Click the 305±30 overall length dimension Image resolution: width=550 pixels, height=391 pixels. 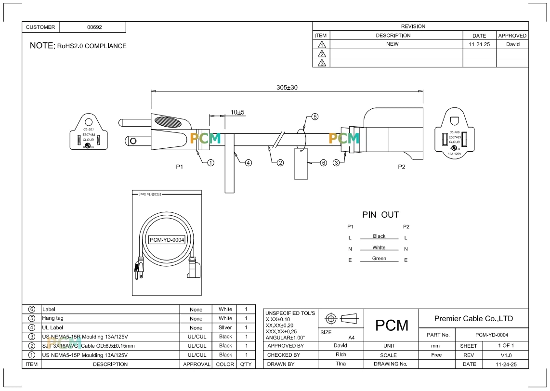(x=287, y=88)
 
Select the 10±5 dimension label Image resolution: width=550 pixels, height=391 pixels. (x=237, y=112)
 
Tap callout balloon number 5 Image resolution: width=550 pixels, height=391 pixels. (x=315, y=117)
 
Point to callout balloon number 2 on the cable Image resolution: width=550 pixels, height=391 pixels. (x=280, y=163)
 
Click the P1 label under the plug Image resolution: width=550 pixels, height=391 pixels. (x=180, y=167)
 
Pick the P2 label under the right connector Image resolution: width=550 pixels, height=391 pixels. (x=402, y=167)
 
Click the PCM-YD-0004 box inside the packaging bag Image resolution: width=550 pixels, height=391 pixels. (x=167, y=240)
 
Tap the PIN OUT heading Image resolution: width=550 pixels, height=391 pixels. (x=380, y=215)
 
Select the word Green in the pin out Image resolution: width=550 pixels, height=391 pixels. (x=379, y=259)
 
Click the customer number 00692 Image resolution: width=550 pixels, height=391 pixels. (x=94, y=27)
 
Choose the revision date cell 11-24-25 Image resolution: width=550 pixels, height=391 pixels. (x=479, y=44)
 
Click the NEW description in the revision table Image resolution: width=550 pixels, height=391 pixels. (x=393, y=44)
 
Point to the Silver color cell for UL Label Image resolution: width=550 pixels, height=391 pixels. (x=225, y=327)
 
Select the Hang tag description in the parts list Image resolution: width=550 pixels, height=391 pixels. (x=53, y=318)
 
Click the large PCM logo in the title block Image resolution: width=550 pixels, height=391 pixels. (x=392, y=326)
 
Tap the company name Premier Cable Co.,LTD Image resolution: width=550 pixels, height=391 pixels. (x=473, y=318)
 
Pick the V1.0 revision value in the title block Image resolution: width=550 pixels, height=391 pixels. (x=506, y=355)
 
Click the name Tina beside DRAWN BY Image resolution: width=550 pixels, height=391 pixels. (x=340, y=364)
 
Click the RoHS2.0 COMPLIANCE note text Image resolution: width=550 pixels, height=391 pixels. (x=92, y=46)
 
